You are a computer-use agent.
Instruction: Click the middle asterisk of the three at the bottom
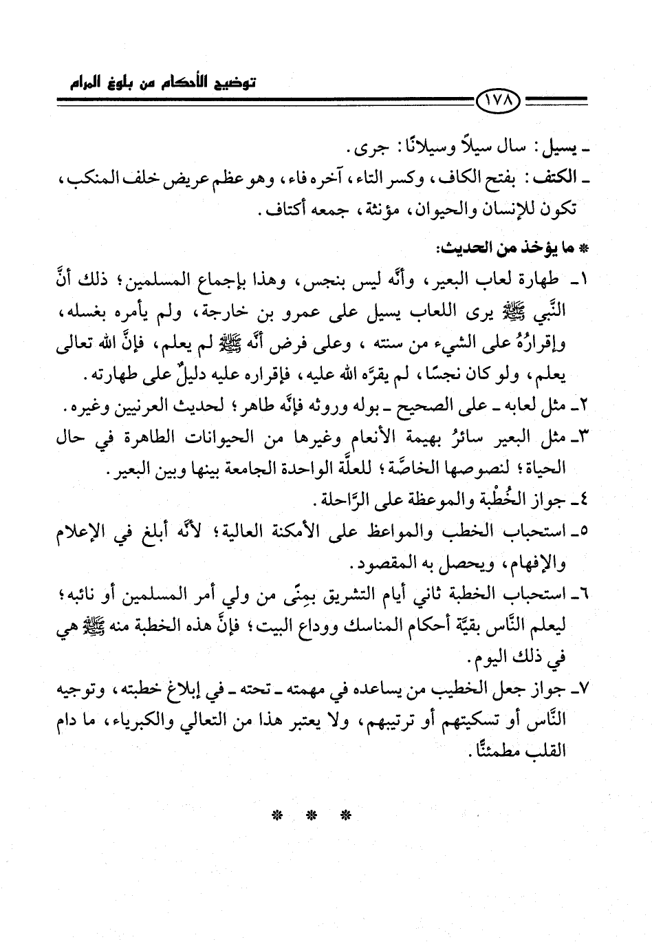311,817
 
